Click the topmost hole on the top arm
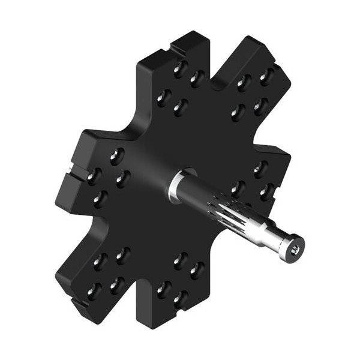point(179,68)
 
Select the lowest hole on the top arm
point(178,107)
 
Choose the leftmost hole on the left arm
point(93,175)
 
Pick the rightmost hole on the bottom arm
point(197,270)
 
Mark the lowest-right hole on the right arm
point(264,193)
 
